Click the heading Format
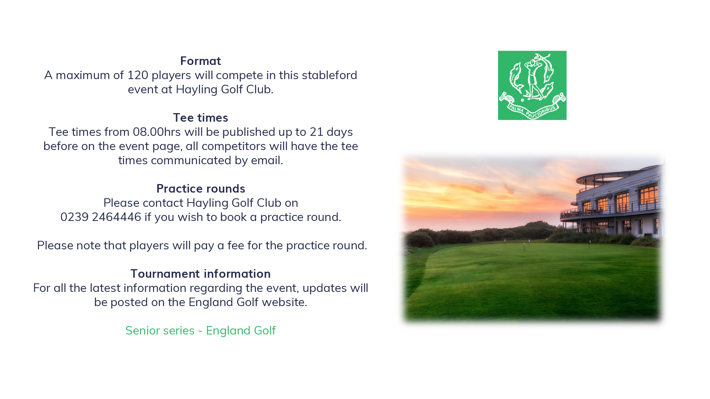coord(201,61)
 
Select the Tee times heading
coord(201,118)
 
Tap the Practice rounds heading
coord(201,189)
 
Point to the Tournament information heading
coord(201,274)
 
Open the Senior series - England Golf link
coord(201,331)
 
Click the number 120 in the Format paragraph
coord(138,75)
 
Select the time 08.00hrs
coord(157,132)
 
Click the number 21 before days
coord(316,132)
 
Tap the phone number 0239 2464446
coord(101,217)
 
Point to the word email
coord(267,160)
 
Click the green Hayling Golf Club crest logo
coord(532,85)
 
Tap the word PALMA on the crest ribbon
coord(516,109)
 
